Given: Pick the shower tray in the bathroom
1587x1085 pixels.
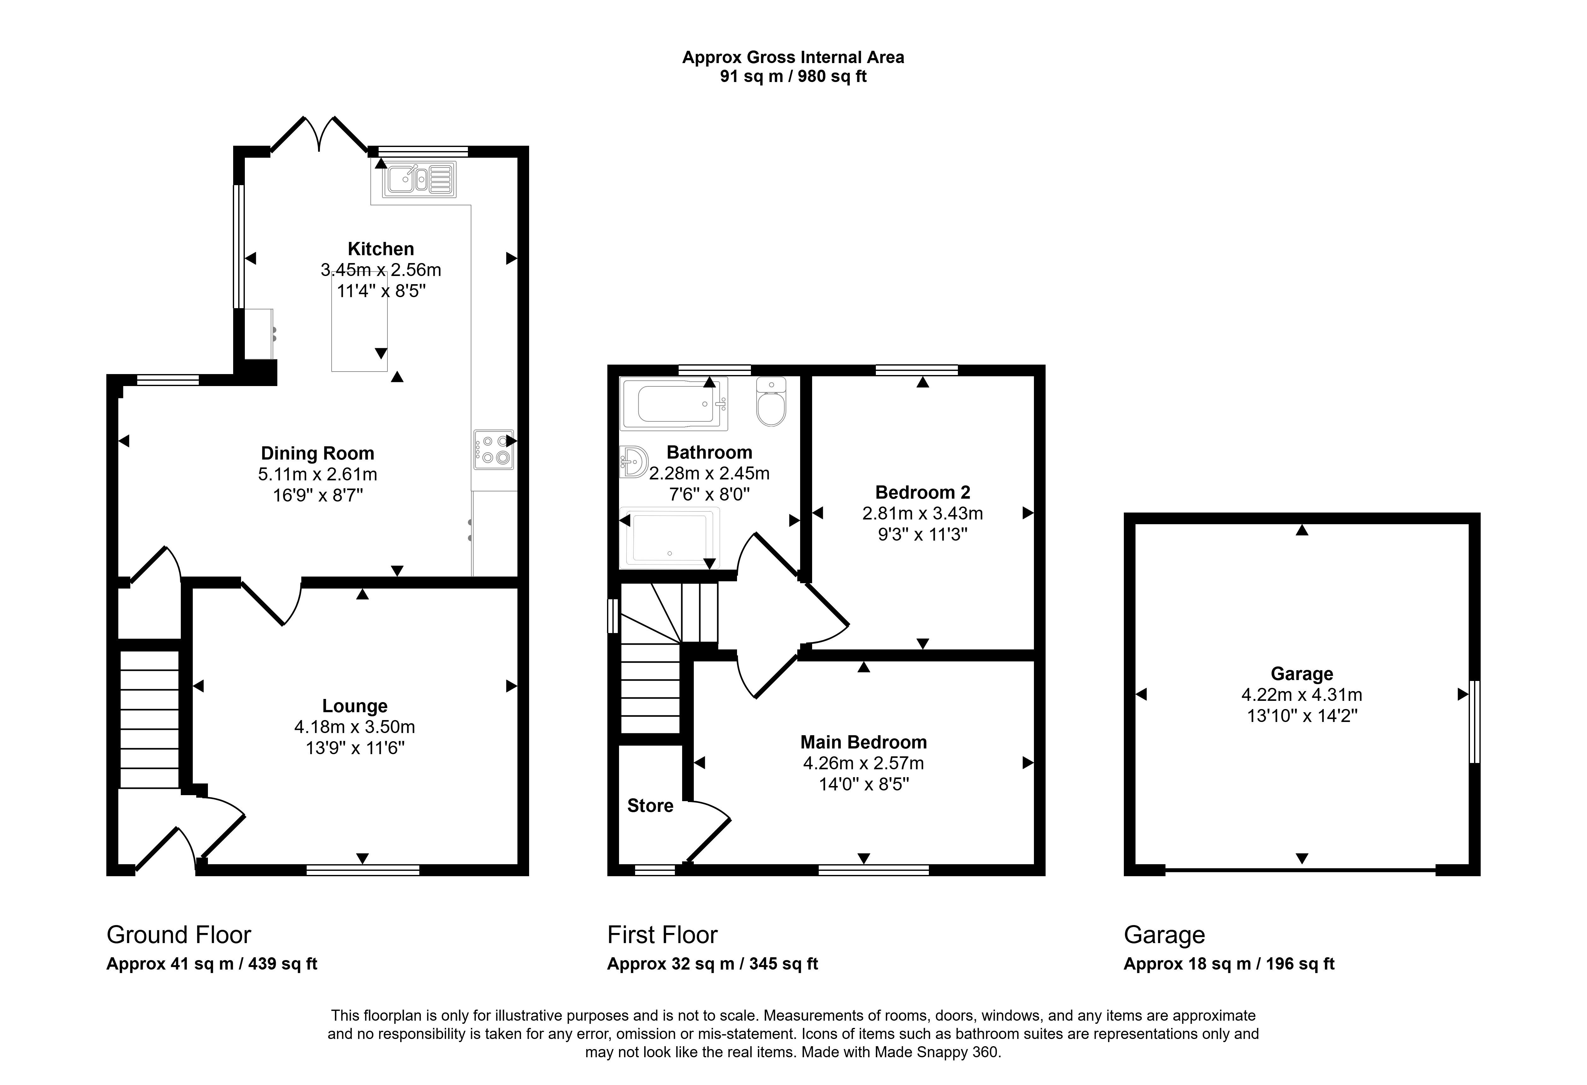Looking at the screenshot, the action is (x=669, y=538).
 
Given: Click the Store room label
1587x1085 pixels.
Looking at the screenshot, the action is (x=650, y=806).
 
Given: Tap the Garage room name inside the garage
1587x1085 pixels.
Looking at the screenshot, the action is (x=1301, y=674).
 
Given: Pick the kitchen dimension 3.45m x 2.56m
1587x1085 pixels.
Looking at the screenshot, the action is (x=381, y=270).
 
